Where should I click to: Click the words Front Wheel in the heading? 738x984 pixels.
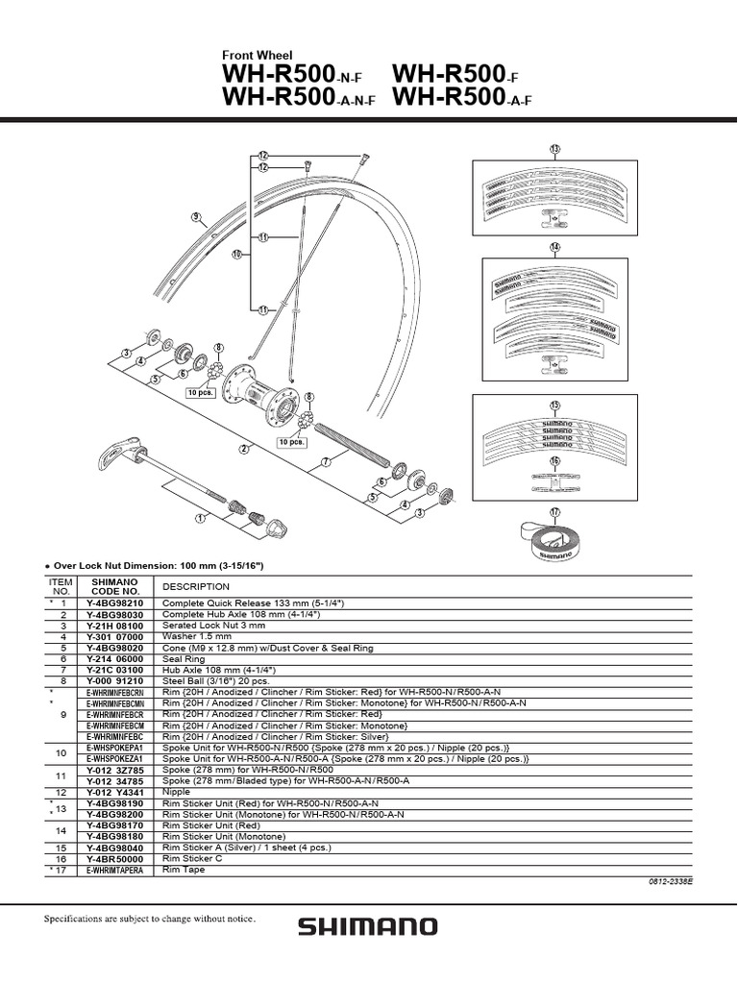tap(257, 57)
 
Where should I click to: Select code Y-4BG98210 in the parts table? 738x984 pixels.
tap(115, 602)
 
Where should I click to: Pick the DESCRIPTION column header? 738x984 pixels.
tap(196, 586)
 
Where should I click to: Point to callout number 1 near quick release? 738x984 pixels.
tap(201, 518)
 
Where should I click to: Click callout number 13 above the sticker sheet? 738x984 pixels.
tap(554, 148)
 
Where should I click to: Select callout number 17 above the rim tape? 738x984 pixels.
tap(554, 512)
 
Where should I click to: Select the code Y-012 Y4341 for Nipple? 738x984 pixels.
tap(115, 792)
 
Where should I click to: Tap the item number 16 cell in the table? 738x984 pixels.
tap(61, 859)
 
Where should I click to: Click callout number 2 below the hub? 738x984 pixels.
tap(245, 449)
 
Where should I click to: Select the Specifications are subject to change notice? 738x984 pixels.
tap(150, 920)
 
